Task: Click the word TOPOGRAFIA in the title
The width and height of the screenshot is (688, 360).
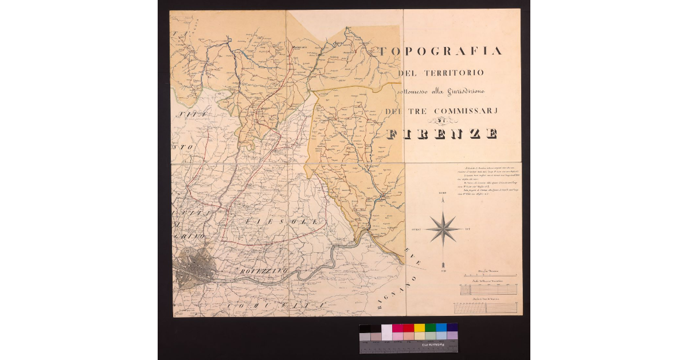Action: (x=440, y=51)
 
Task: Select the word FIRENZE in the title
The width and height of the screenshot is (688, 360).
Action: (x=441, y=135)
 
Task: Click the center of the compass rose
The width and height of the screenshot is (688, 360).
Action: (x=443, y=229)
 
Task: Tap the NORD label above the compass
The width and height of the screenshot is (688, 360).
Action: (x=443, y=194)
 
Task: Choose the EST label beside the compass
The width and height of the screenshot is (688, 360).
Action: (x=468, y=229)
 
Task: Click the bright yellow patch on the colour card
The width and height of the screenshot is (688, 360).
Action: (x=419, y=328)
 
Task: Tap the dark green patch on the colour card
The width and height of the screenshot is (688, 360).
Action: (x=430, y=328)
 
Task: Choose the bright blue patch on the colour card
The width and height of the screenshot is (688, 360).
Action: (x=441, y=328)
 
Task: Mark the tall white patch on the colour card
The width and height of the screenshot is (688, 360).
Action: (x=386, y=332)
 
